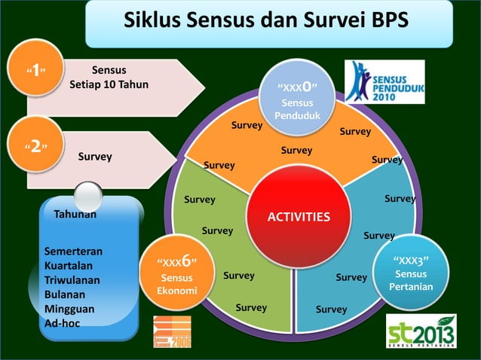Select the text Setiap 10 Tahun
click(109, 84)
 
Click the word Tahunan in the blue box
click(75, 215)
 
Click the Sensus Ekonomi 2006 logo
click(172, 331)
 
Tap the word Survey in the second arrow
click(95, 157)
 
